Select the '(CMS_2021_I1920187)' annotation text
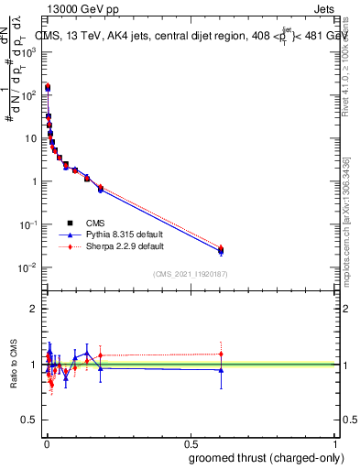coord(191,274)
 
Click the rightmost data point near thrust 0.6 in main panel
coord(220,250)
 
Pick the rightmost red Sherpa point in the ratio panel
coord(220,354)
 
